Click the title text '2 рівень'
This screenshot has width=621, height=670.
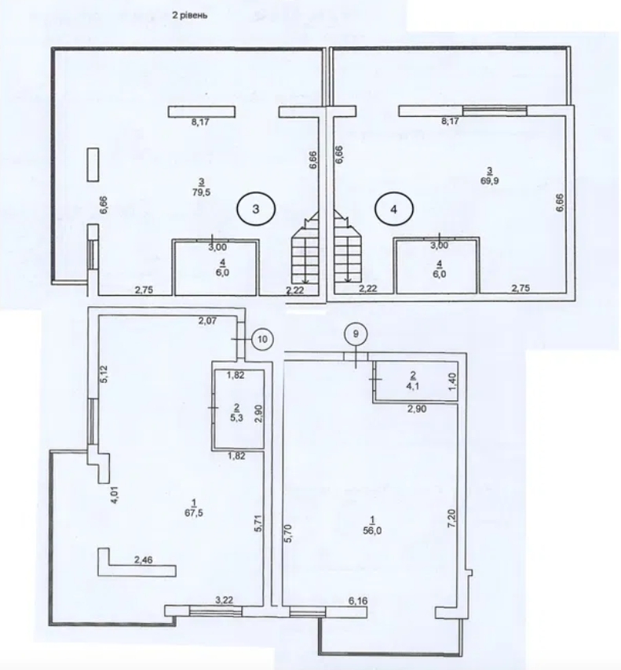(x=189, y=15)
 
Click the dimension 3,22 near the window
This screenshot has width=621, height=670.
(x=225, y=600)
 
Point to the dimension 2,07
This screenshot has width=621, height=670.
(x=206, y=321)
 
